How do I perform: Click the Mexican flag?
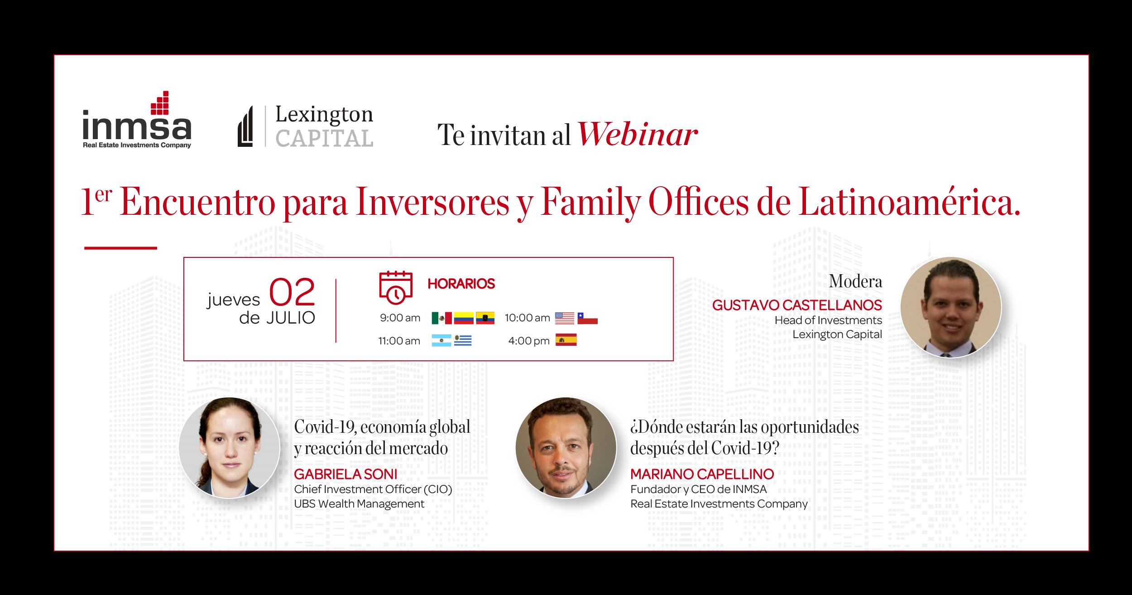(x=441, y=318)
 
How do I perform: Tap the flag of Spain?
(x=566, y=340)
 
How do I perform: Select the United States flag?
(x=565, y=318)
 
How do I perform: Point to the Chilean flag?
(x=587, y=318)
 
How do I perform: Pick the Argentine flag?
(x=441, y=341)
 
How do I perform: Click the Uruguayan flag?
(x=463, y=341)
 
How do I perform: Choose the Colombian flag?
(x=464, y=318)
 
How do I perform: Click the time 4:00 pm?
(x=529, y=341)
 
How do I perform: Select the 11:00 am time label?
(x=399, y=341)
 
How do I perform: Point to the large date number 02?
(x=292, y=292)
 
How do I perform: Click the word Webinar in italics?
(x=638, y=135)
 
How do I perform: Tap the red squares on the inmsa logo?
(x=160, y=103)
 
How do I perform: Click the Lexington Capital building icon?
(x=245, y=126)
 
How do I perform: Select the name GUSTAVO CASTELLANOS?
(x=797, y=305)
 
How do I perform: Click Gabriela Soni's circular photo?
(x=229, y=448)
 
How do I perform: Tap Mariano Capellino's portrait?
(x=566, y=448)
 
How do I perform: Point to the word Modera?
(x=855, y=281)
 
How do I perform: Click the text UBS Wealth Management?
(x=359, y=504)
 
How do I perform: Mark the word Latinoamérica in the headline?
(x=909, y=203)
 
